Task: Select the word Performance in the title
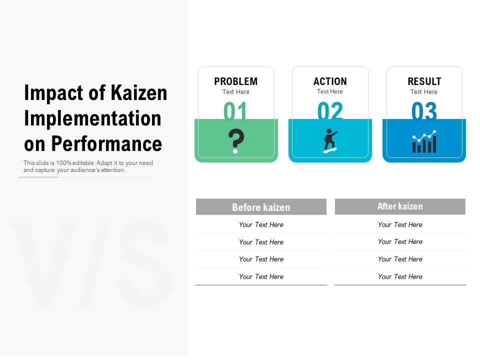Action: point(107,143)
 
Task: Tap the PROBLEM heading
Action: point(235,81)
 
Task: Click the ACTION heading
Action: point(330,81)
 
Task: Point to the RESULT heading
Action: point(424,81)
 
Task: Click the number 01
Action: point(235,112)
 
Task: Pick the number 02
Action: point(330,112)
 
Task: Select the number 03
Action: point(424,112)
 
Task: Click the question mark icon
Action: point(235,141)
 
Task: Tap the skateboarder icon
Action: point(330,141)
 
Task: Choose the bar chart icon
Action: point(424,142)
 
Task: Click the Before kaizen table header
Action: point(261,207)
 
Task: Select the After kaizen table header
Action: point(400,206)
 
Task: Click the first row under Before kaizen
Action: point(261,224)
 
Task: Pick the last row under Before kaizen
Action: point(261,276)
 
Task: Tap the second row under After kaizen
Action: point(400,241)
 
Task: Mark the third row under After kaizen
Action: point(400,259)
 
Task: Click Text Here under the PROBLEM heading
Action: point(235,92)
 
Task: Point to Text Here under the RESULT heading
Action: point(424,92)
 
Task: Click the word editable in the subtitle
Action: point(78,163)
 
